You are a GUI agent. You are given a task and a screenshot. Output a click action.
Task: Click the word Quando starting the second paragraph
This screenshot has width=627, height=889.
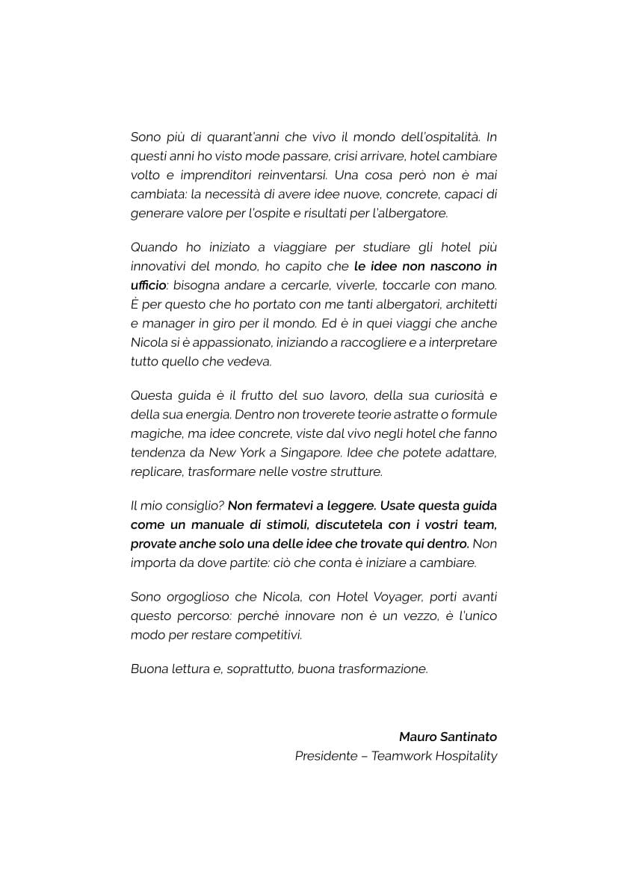coord(154,247)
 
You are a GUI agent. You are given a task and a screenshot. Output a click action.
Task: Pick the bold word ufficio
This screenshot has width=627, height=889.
coord(148,285)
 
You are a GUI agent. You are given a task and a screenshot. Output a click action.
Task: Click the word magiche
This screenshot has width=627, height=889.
coord(153,433)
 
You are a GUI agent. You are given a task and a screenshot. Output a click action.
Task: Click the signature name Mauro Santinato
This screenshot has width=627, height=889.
coord(448,737)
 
